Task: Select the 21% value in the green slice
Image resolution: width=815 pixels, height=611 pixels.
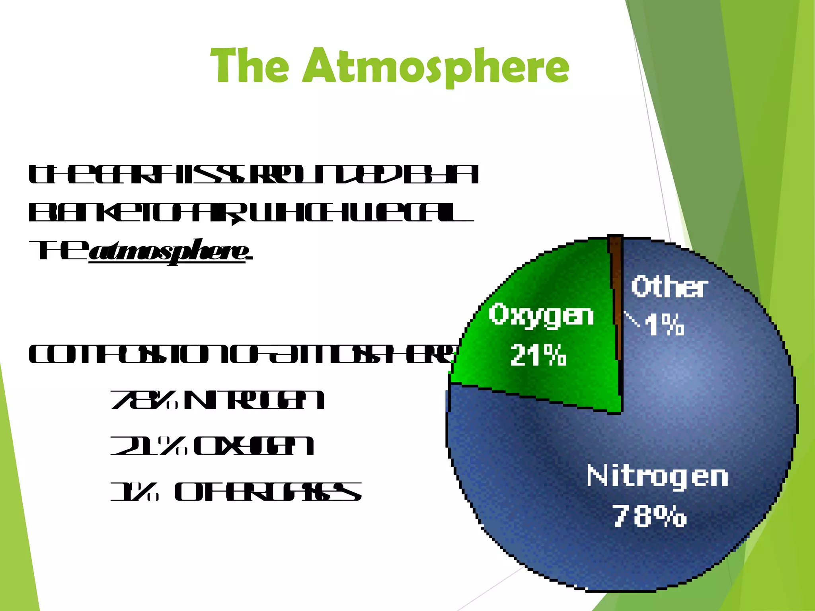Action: click(x=538, y=355)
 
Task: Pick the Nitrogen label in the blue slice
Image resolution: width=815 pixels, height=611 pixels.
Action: click(x=657, y=476)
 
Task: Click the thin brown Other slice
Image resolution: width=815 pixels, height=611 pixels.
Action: click(x=616, y=298)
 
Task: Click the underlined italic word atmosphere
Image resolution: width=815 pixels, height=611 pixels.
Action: click(x=168, y=251)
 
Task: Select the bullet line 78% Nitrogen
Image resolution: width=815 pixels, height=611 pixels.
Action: click(x=217, y=400)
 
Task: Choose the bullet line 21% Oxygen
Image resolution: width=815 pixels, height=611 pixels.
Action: click(x=212, y=446)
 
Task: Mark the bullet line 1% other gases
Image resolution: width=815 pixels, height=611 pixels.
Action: click(x=236, y=492)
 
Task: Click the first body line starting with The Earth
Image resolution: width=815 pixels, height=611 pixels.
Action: click(x=253, y=175)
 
